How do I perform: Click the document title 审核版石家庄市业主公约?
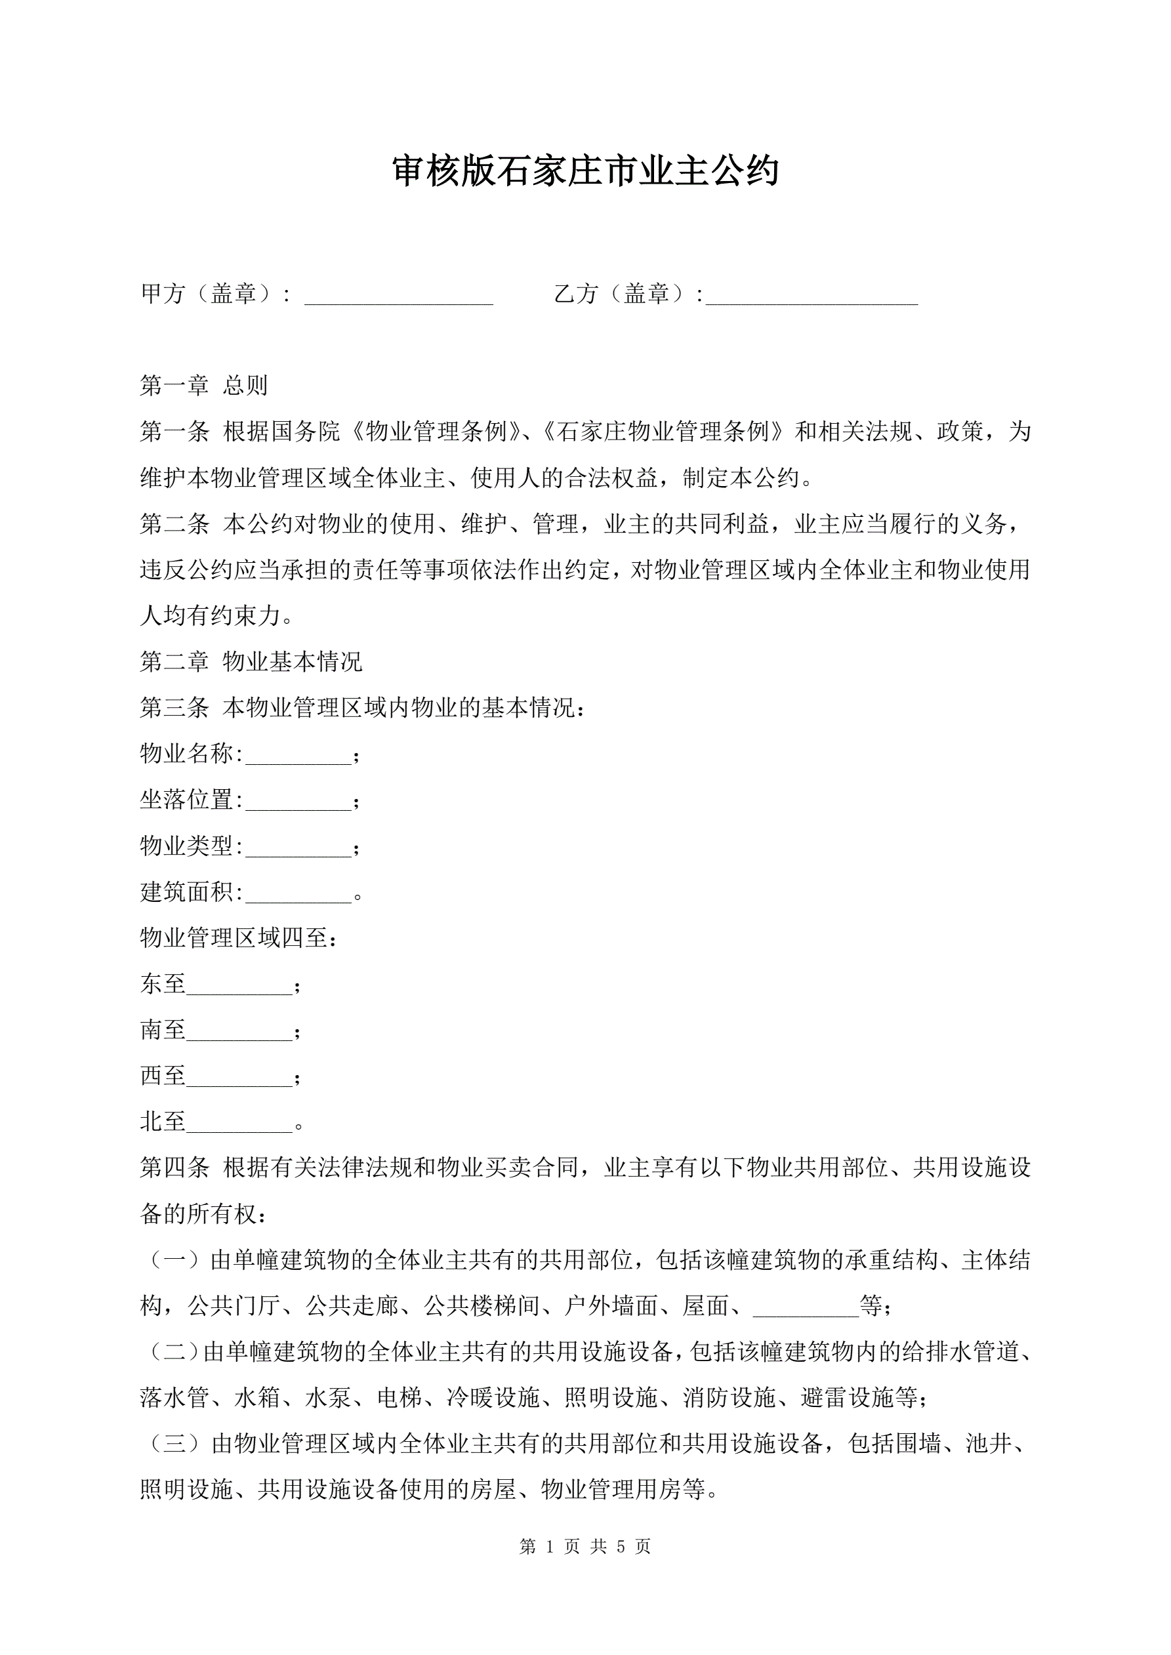[x=585, y=172]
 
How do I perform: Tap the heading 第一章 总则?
[x=203, y=386]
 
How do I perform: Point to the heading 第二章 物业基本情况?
[x=250, y=661]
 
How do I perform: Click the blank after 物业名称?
[x=298, y=756]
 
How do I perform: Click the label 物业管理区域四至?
[x=238, y=938]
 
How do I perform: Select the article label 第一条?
[x=175, y=432]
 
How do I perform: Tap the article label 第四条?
[x=175, y=1168]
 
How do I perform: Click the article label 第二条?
[x=175, y=524]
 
